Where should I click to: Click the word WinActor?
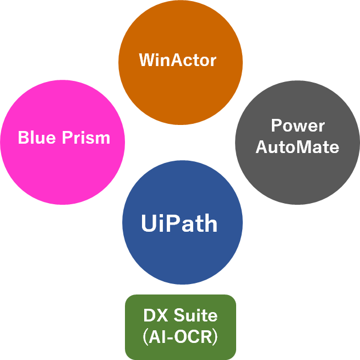(x=178, y=59)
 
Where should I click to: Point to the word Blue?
(x=37, y=138)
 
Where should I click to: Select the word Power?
(x=298, y=126)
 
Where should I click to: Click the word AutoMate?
(x=298, y=147)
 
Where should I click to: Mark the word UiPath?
(x=179, y=223)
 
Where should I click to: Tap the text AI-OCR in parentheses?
(x=181, y=336)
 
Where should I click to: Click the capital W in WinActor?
(x=146, y=59)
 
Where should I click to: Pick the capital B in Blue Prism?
(x=24, y=138)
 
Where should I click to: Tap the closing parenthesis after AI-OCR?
(x=215, y=336)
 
